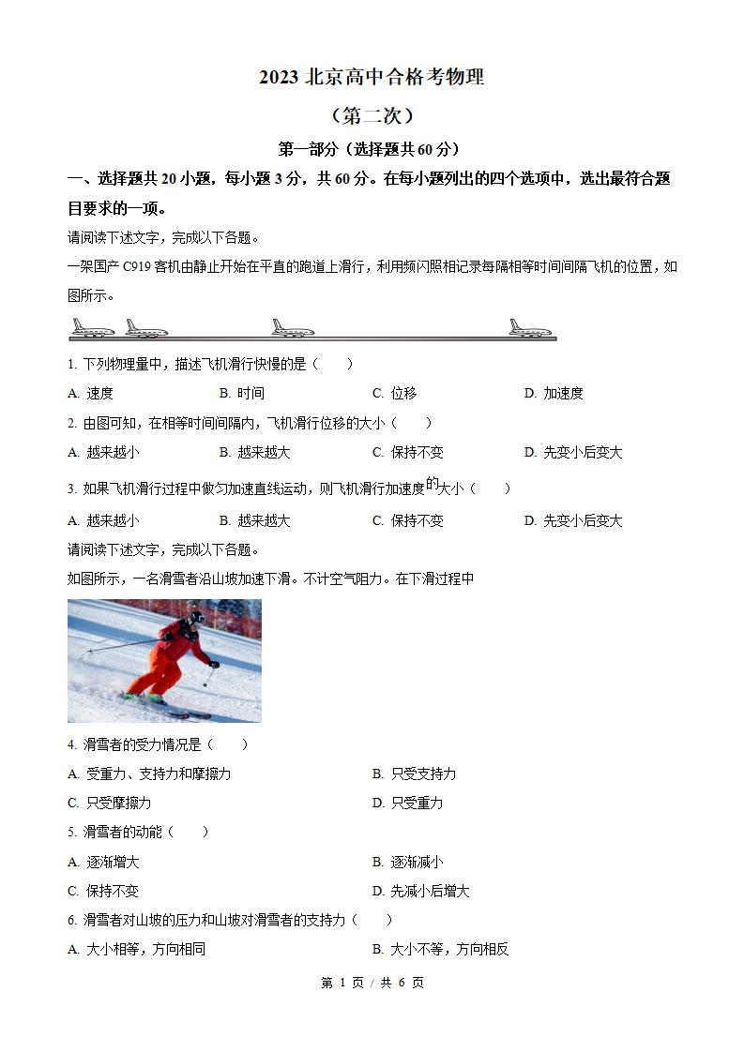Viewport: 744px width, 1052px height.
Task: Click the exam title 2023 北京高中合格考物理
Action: pyautogui.click(x=372, y=78)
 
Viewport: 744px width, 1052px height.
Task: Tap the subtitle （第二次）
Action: pyautogui.click(x=372, y=115)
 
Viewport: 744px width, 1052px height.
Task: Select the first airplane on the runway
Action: pyautogui.click(x=92, y=327)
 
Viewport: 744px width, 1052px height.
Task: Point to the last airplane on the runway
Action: pyautogui.click(x=530, y=327)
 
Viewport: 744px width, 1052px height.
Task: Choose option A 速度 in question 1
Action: pyautogui.click(x=91, y=393)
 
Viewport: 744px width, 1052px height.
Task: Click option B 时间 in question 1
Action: pyautogui.click(x=242, y=393)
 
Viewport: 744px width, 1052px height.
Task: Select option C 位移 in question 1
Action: pyautogui.click(x=395, y=393)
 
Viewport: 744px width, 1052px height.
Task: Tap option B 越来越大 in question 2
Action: pyautogui.click(x=255, y=452)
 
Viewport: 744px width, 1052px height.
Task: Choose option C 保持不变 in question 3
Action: pyautogui.click(x=408, y=520)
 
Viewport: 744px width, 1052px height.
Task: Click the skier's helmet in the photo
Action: pyautogui.click(x=195, y=619)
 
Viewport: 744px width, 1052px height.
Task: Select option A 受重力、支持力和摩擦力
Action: pyautogui.click(x=149, y=774)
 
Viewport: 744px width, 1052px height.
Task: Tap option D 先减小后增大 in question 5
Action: pyautogui.click(x=421, y=891)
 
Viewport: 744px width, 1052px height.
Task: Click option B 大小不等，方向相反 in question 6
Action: pyautogui.click(x=441, y=949)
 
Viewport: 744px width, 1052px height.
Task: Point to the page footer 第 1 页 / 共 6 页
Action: pyautogui.click(x=372, y=983)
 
